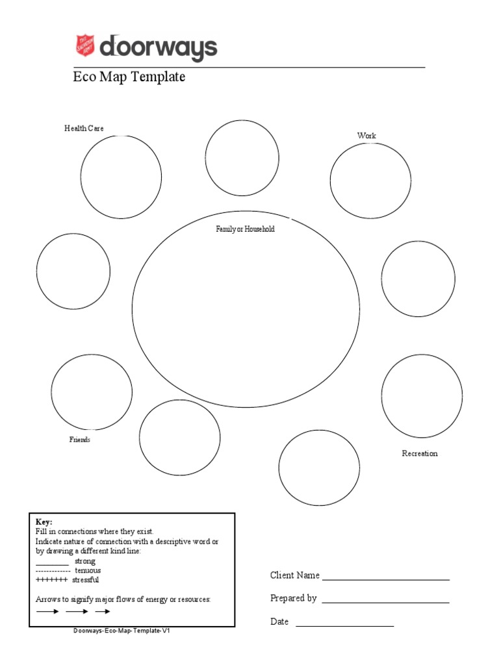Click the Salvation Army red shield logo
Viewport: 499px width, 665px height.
(85, 46)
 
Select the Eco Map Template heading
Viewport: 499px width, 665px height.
(129, 77)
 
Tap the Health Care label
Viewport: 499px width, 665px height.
(84, 129)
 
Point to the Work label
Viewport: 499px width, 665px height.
(366, 136)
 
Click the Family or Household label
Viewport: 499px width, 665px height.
(245, 229)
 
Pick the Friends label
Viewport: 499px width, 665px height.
(80, 440)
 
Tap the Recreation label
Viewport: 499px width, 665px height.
(420, 453)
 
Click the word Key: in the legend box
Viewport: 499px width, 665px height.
(44, 522)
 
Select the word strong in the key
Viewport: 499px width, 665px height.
(85, 561)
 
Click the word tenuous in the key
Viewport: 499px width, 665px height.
(88, 570)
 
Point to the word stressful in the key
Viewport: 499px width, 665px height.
(86, 579)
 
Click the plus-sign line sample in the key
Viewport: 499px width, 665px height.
(52, 579)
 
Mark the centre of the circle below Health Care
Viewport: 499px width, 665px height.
(122, 177)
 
